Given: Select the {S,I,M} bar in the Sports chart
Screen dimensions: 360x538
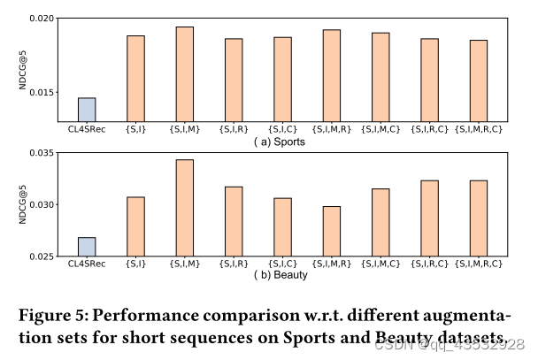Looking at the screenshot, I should tap(184, 74).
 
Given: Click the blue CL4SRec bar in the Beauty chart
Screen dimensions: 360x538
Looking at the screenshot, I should tap(87, 247).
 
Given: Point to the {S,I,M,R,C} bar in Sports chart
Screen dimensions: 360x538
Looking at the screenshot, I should tap(479, 80).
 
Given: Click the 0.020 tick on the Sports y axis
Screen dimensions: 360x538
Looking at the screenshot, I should tap(40, 19).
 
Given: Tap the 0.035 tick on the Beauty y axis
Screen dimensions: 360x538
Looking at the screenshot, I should tap(40, 153).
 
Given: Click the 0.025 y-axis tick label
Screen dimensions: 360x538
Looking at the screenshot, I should tap(40, 257).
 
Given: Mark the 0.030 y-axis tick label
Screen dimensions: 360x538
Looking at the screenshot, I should tap(40, 205).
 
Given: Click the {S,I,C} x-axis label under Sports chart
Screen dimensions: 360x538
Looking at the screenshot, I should tap(282, 129).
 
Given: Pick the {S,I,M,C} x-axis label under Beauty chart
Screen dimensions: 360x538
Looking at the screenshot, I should tap(380, 264).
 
